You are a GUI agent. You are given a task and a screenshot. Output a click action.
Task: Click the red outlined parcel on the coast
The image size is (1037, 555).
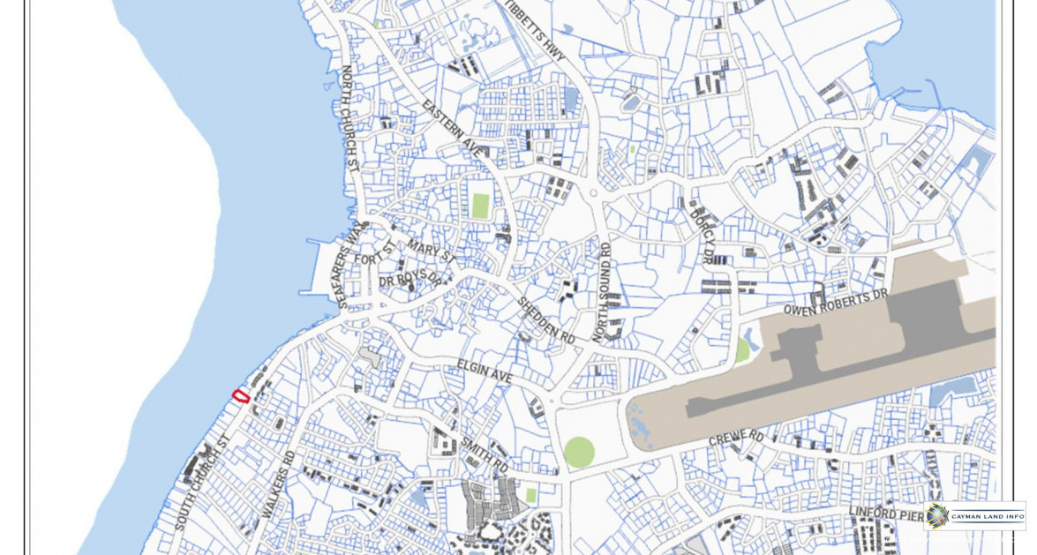click(239, 395)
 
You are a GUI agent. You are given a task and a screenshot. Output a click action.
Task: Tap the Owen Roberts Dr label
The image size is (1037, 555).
click(835, 302)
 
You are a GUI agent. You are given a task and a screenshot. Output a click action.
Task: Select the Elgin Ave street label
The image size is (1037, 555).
click(485, 371)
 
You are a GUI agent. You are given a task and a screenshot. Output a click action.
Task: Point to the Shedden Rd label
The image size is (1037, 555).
click(545, 320)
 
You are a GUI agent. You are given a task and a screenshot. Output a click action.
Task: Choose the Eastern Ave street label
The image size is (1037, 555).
click(452, 129)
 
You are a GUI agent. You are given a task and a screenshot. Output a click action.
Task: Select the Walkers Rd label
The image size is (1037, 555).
click(278, 484)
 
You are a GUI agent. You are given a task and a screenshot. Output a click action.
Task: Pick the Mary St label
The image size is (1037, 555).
click(432, 251)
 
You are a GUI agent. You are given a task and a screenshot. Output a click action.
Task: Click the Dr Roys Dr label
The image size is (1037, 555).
click(409, 279)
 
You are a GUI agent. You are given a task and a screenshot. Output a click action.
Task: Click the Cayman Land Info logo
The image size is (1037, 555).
click(975, 515)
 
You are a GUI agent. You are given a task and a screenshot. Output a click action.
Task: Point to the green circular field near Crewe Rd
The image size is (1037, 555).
click(579, 452)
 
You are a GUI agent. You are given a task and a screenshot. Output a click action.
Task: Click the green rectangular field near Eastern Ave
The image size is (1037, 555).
click(479, 206)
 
